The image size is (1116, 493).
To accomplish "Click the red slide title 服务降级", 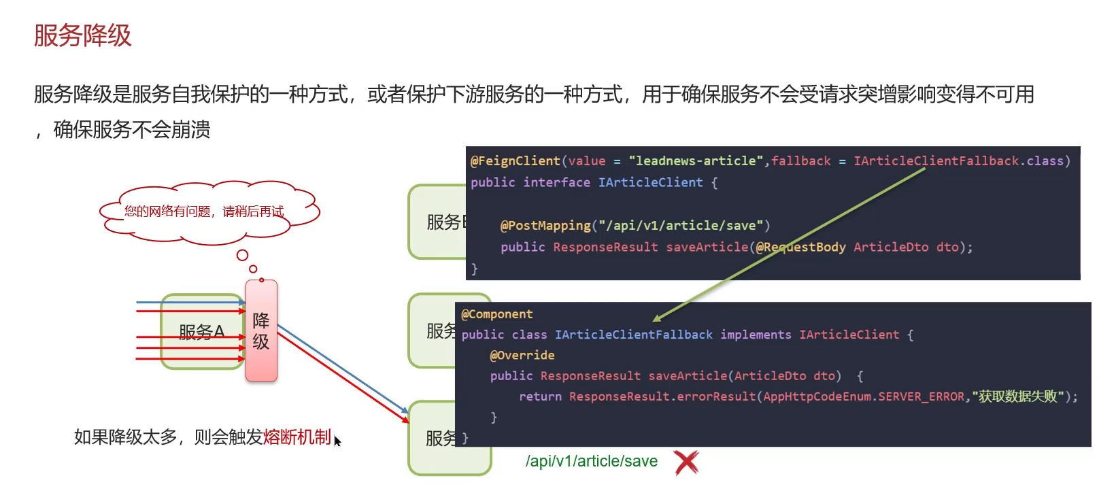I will (82, 35).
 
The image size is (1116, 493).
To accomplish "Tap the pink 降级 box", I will (261, 330).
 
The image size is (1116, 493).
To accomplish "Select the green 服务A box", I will (201, 332).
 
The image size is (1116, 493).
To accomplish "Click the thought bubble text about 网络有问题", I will (204, 211).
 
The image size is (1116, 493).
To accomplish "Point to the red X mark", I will (686, 462).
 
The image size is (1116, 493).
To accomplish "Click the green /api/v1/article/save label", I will (591, 461).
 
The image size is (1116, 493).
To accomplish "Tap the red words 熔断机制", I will (297, 437).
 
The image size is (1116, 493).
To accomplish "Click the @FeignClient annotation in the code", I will (515, 161).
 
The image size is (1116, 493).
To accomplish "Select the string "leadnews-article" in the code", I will (696, 161).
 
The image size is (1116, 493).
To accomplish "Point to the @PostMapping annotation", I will (545, 226).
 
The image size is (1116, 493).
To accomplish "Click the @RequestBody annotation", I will (800, 248).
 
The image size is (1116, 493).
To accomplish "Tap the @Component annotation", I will (497, 314).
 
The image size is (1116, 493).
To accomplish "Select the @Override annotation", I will (522, 355).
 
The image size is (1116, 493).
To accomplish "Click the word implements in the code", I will (756, 335).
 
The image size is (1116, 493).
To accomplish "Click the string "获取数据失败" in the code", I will (1018, 396).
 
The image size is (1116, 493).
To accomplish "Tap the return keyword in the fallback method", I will (540, 396).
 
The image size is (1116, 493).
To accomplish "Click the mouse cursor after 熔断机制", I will (337, 441).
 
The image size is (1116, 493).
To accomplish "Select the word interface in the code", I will (556, 182).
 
